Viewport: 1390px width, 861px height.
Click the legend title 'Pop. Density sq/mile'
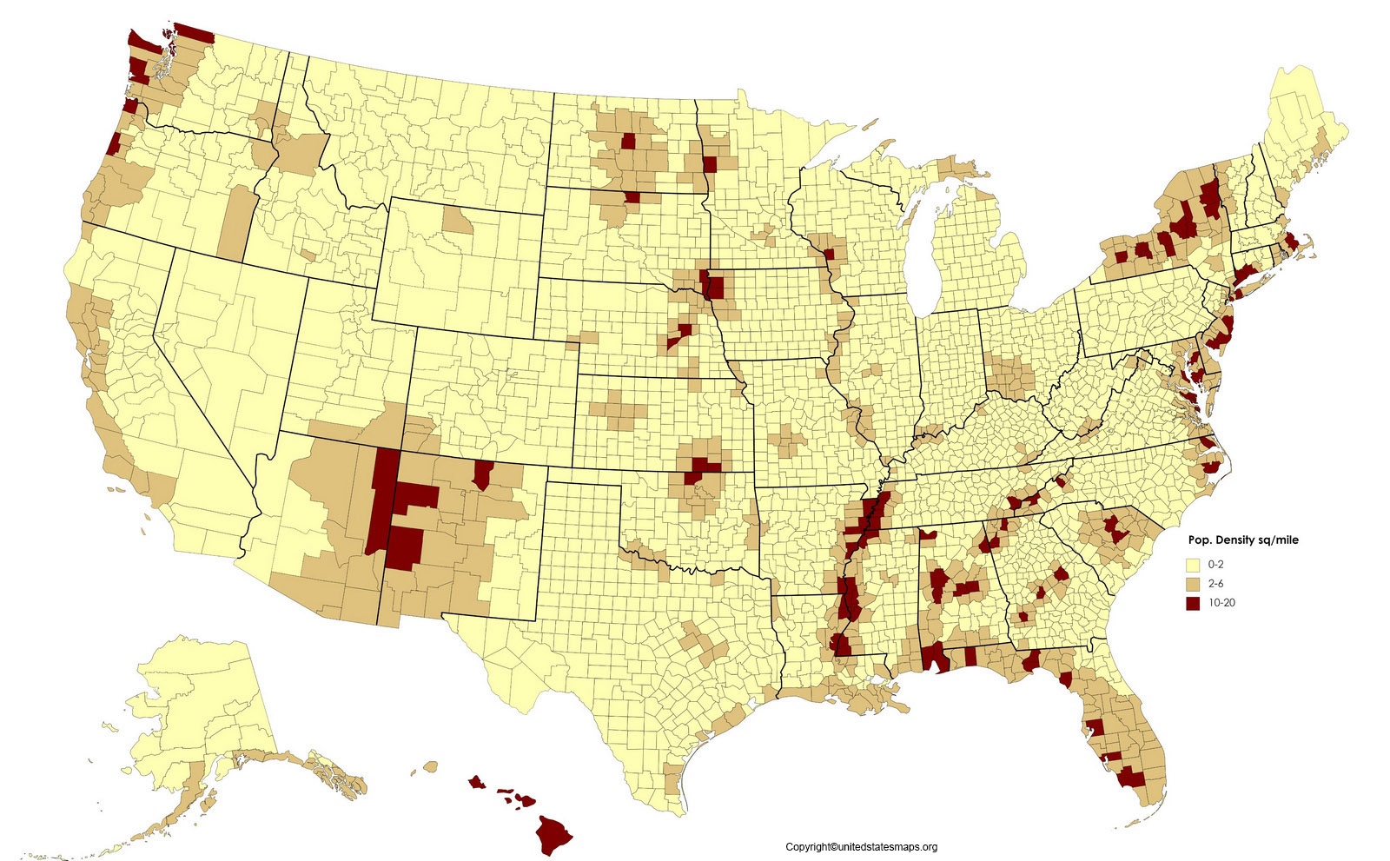click(1243, 540)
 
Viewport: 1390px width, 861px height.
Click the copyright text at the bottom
click(861, 847)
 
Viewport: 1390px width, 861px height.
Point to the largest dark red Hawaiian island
click(553, 834)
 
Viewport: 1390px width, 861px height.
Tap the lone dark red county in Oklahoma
click(695, 477)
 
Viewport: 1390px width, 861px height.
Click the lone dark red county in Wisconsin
click(829, 254)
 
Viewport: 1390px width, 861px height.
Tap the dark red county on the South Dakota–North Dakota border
click(632, 197)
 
